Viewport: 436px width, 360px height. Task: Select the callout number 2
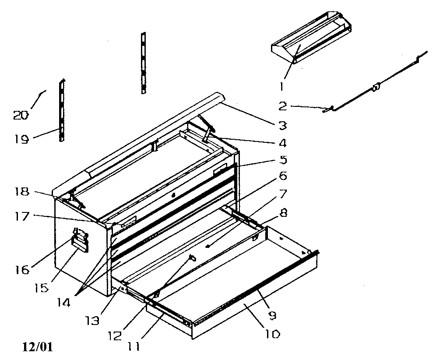(282, 106)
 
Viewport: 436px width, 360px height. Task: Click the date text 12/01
(37, 347)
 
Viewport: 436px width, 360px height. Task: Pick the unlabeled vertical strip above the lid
(143, 62)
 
